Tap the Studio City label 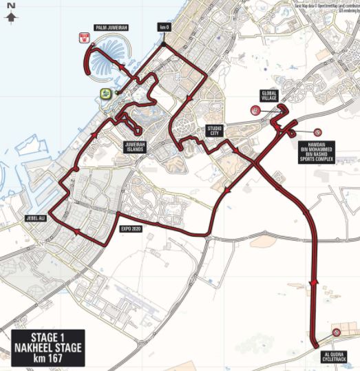click(215, 130)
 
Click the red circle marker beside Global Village click(255, 110)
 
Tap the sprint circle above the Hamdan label click(317, 132)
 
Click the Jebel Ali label click(36, 218)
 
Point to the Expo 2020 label click(131, 227)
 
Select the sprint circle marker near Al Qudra click(336, 333)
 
